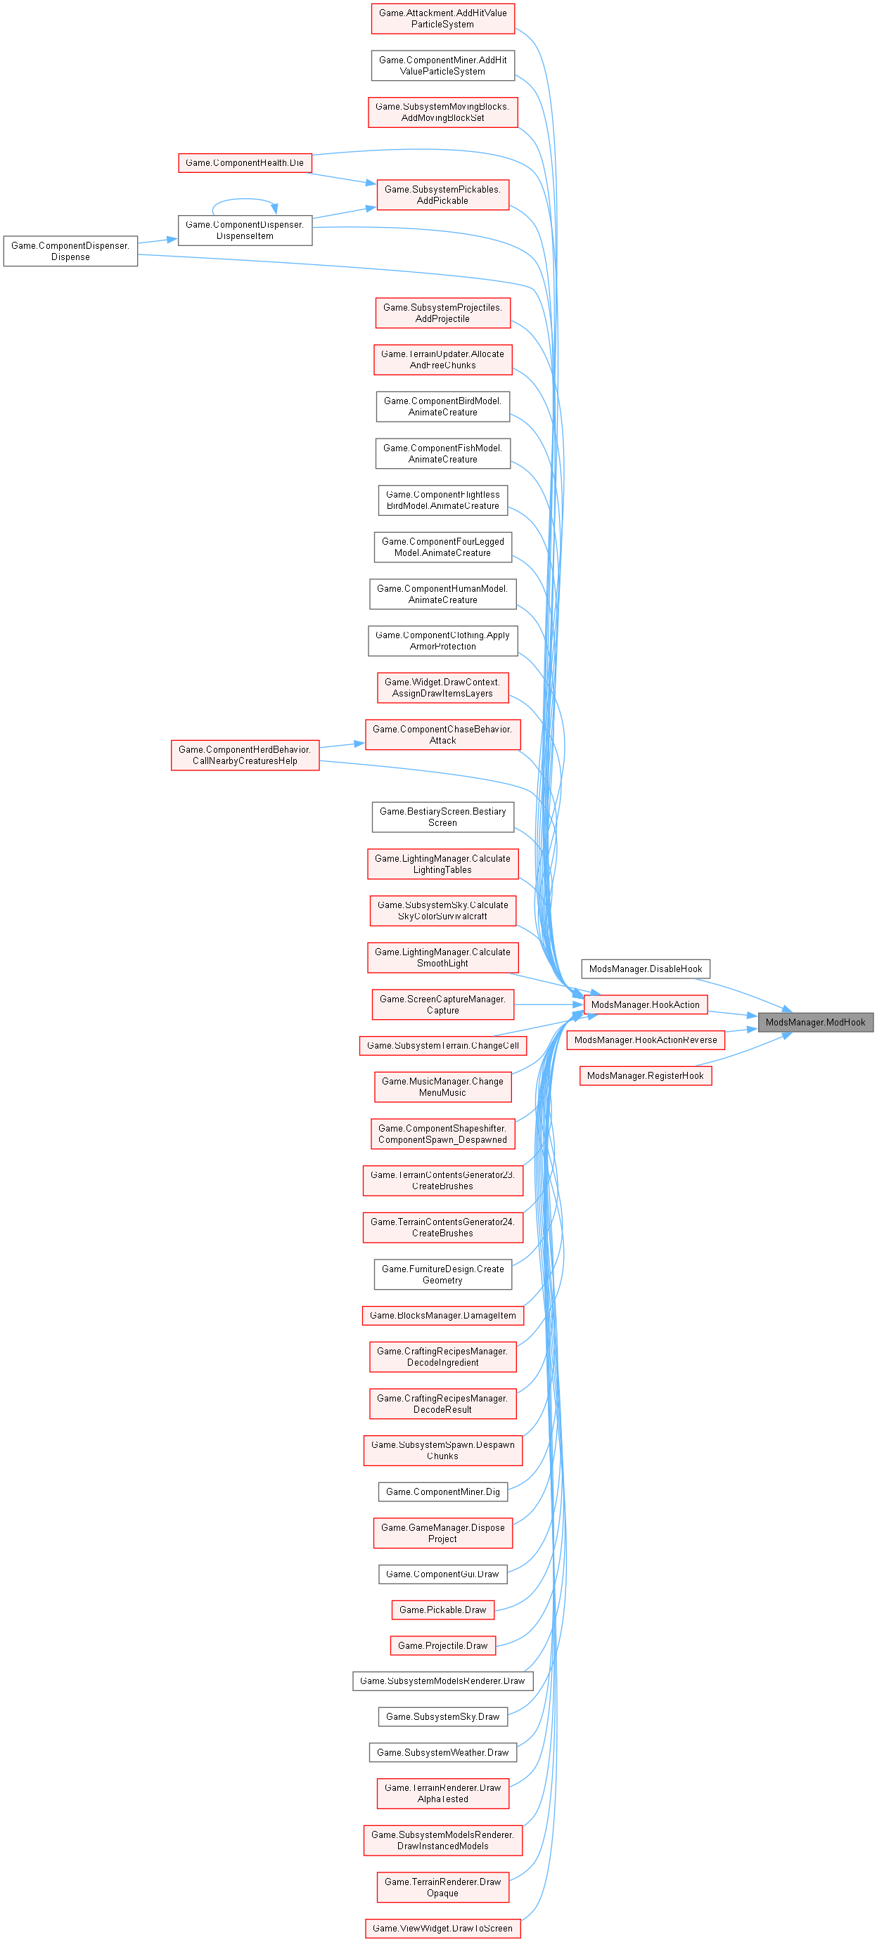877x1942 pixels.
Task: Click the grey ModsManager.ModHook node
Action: pyautogui.click(x=815, y=1022)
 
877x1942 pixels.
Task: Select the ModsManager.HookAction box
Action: pyautogui.click(x=645, y=1004)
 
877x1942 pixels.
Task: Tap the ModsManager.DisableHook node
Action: pyautogui.click(x=645, y=969)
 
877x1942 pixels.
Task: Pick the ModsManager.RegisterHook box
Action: pyautogui.click(x=645, y=1076)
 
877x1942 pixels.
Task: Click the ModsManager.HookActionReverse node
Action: pyautogui.click(x=646, y=1040)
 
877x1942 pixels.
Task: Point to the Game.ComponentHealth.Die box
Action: pyautogui.click(x=244, y=163)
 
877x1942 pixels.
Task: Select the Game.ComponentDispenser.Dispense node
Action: pyautogui.click(x=70, y=251)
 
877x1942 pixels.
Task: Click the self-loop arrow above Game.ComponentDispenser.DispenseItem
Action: pyautogui.click(x=244, y=200)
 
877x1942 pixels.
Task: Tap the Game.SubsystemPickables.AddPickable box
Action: pyautogui.click(x=442, y=195)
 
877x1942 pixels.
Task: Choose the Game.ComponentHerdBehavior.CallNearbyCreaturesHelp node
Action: pyautogui.click(x=244, y=755)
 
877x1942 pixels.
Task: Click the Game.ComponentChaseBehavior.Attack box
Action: pyautogui.click(x=442, y=734)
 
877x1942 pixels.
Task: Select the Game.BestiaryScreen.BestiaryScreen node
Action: pyautogui.click(x=442, y=817)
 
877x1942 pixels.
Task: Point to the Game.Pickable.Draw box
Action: pyautogui.click(x=442, y=1610)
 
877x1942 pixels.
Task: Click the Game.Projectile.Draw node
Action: pyautogui.click(x=442, y=1645)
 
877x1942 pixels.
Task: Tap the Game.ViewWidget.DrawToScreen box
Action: pyautogui.click(x=442, y=1929)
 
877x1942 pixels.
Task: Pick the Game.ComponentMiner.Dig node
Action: pyautogui.click(x=442, y=1491)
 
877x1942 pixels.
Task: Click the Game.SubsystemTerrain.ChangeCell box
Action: pyautogui.click(x=442, y=1046)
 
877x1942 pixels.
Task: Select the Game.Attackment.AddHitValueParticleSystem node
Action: pyautogui.click(x=442, y=19)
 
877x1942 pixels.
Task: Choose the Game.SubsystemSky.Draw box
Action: pyautogui.click(x=442, y=1716)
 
